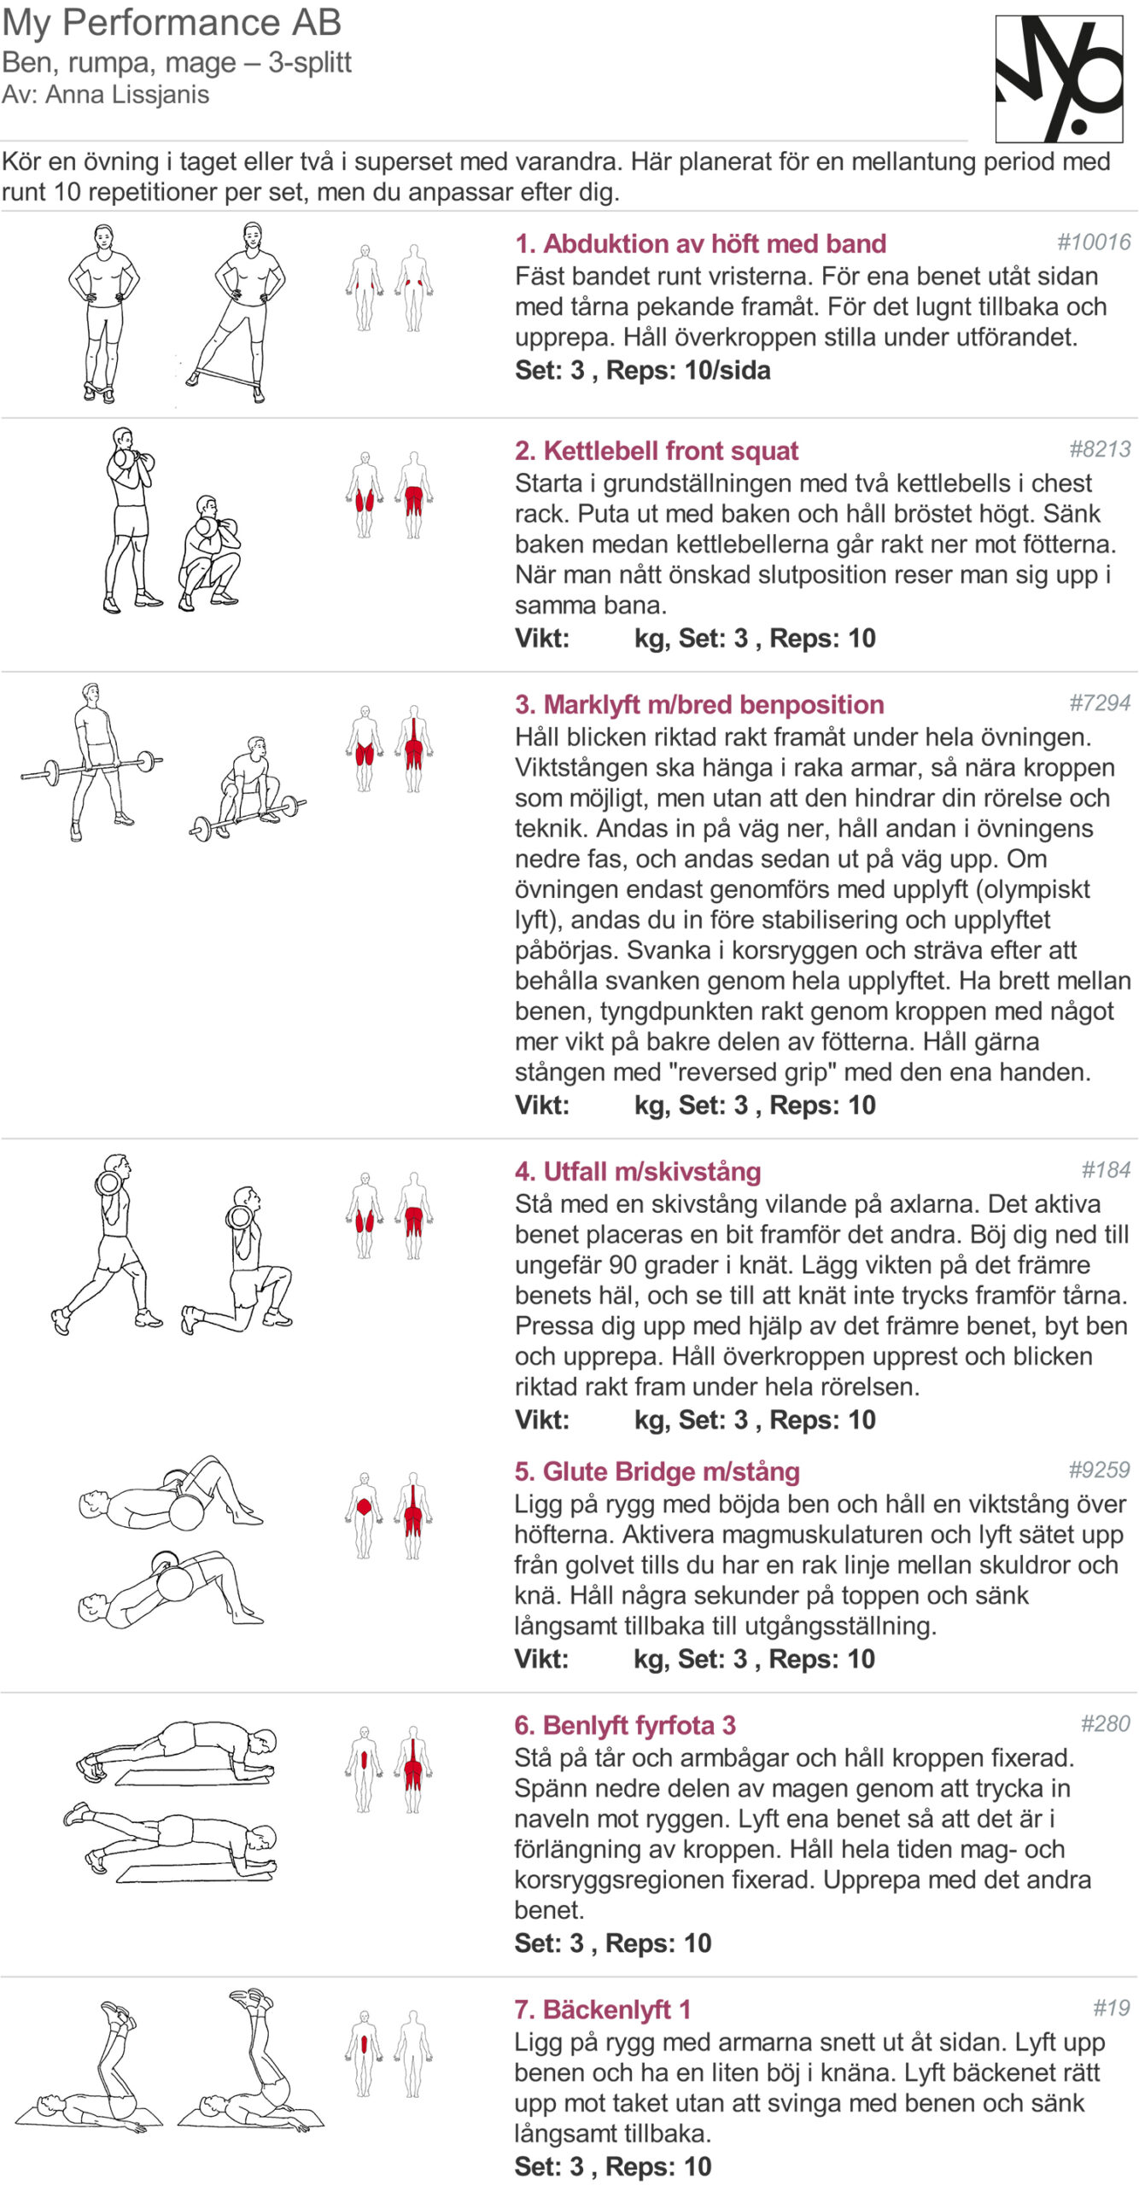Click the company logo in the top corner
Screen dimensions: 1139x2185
click(1059, 79)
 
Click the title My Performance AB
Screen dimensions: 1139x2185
click(172, 23)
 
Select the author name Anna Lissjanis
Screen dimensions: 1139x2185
click(127, 95)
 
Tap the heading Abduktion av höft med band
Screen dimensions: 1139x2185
click(700, 244)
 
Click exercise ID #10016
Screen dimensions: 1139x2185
click(1094, 242)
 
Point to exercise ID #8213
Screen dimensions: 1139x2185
click(1100, 449)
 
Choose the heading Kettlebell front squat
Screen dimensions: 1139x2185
click(657, 451)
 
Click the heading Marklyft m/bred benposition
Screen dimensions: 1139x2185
click(699, 705)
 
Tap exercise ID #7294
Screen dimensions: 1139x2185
click(1100, 703)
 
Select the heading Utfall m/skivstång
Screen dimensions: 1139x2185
click(638, 1172)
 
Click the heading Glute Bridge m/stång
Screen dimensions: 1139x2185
click(657, 1471)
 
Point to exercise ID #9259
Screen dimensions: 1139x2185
click(1099, 1470)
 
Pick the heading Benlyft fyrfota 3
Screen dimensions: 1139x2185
click(625, 1726)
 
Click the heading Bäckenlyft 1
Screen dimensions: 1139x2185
click(602, 2010)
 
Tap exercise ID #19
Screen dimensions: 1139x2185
click(1112, 2008)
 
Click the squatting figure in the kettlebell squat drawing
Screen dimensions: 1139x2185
click(209, 553)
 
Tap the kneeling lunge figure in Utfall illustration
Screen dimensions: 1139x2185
click(237, 1260)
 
